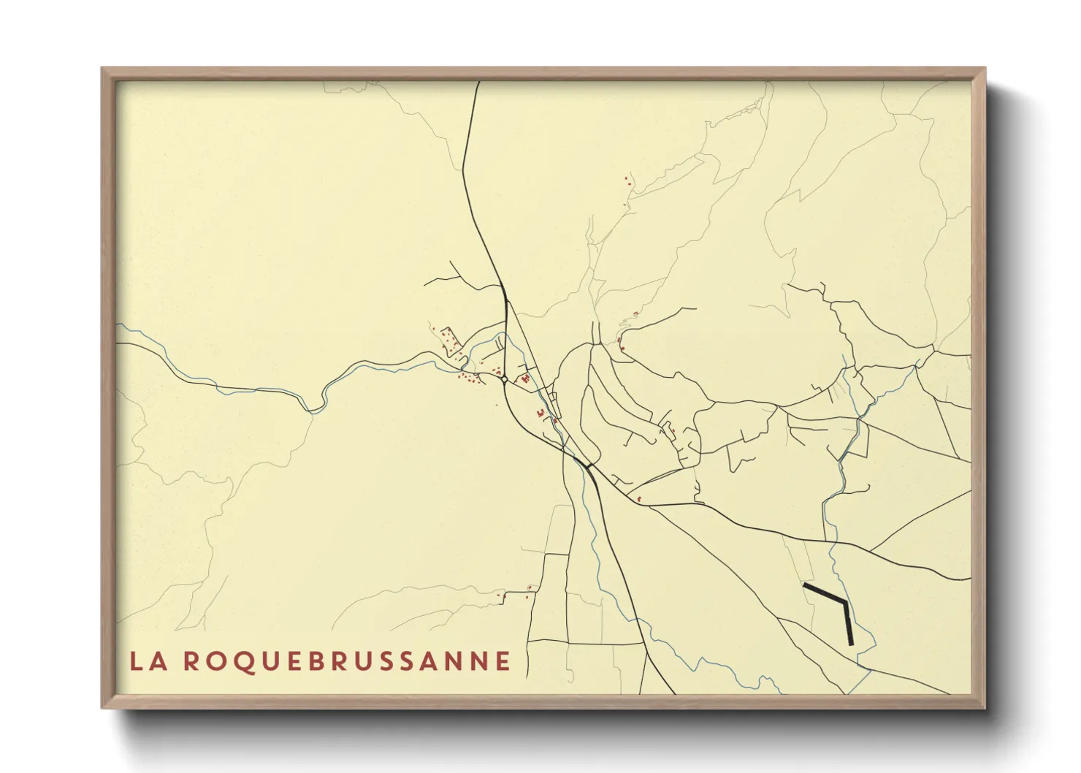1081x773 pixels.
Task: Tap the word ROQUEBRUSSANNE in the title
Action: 347,661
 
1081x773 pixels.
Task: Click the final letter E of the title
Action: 503,661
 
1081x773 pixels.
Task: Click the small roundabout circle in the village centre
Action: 505,379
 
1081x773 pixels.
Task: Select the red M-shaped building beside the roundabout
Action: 524,379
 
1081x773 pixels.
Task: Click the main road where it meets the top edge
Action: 478,83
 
